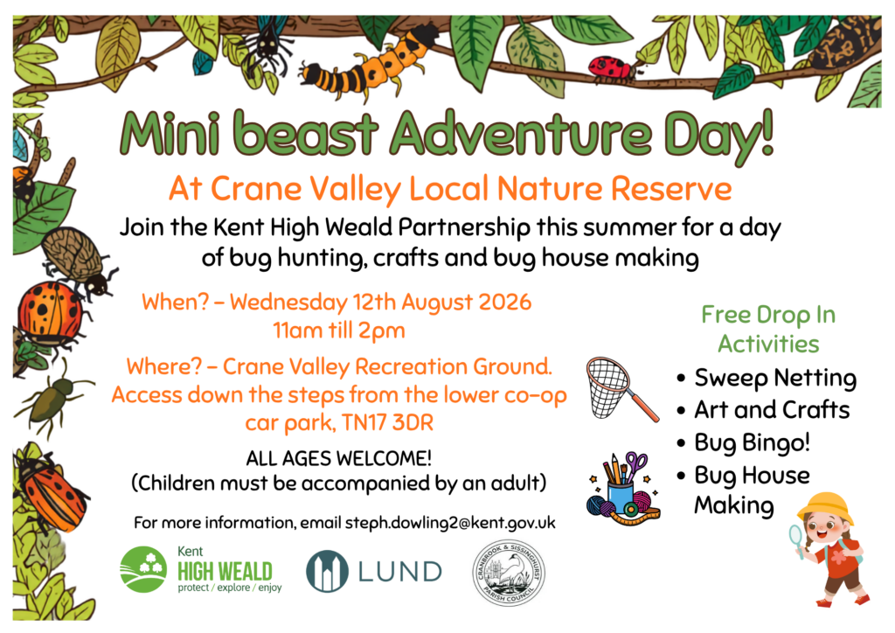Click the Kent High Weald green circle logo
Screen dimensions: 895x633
143,569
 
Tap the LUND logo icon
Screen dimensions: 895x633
327,571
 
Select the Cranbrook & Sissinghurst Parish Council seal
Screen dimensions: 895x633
509,573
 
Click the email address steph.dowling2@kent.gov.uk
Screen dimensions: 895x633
450,523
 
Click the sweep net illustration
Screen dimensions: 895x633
621,389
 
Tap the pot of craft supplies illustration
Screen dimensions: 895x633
622,489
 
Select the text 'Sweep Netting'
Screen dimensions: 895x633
775,378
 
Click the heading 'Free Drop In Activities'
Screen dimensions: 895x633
768,330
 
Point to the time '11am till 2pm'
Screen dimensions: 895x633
339,331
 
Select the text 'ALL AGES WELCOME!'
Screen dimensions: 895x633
338,458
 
